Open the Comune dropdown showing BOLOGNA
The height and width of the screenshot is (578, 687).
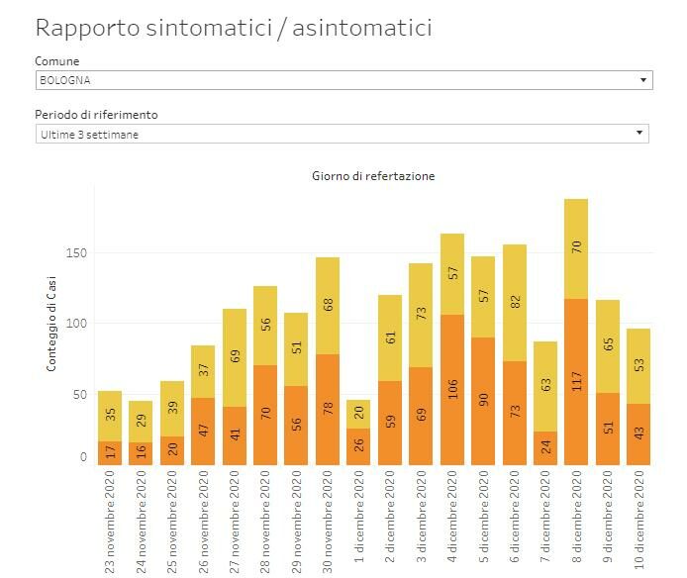[x=343, y=80]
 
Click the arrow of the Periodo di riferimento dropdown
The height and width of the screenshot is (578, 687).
[x=639, y=133]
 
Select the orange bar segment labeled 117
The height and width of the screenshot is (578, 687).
[x=576, y=382]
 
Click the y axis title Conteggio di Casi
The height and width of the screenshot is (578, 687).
[x=50, y=324]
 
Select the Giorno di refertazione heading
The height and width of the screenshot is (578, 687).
[x=373, y=176]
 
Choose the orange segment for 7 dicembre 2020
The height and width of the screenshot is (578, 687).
[x=545, y=448]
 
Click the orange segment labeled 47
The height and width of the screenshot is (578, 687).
[x=203, y=432]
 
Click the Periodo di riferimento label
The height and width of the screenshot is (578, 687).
[x=96, y=114]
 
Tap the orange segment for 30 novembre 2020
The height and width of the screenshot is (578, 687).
[x=328, y=410]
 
